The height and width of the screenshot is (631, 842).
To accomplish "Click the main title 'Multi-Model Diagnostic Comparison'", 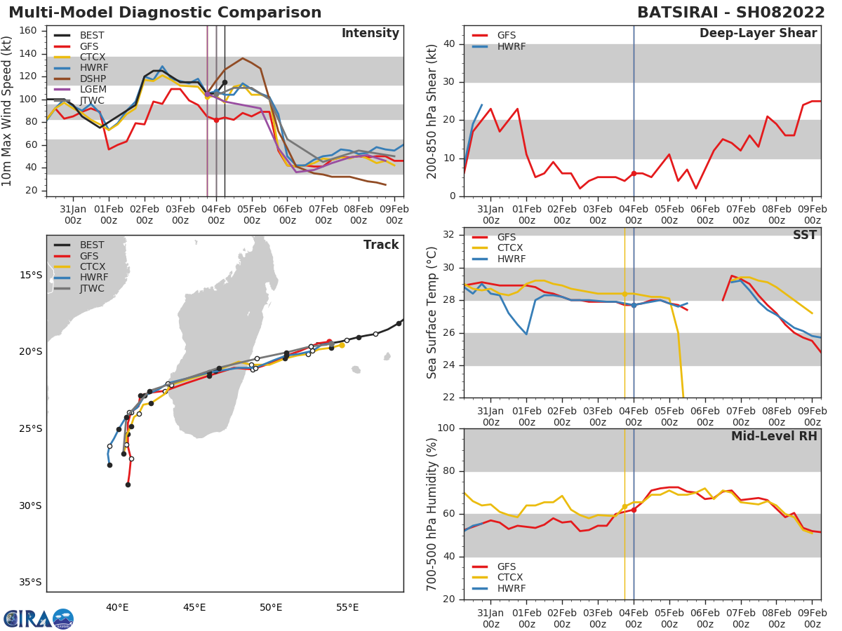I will point(165,13).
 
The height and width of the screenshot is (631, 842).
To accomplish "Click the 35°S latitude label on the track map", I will point(29,582).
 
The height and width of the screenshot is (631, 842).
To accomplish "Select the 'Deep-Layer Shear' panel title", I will point(758,34).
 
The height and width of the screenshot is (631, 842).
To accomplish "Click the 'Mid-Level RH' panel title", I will point(774,436).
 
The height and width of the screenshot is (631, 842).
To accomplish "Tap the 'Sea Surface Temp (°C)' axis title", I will point(433,313).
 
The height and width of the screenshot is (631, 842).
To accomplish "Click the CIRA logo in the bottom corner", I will point(38,618).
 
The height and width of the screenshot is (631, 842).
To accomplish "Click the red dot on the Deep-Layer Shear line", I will point(634,173).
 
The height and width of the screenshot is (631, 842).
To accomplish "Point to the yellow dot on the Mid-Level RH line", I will point(624,506).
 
